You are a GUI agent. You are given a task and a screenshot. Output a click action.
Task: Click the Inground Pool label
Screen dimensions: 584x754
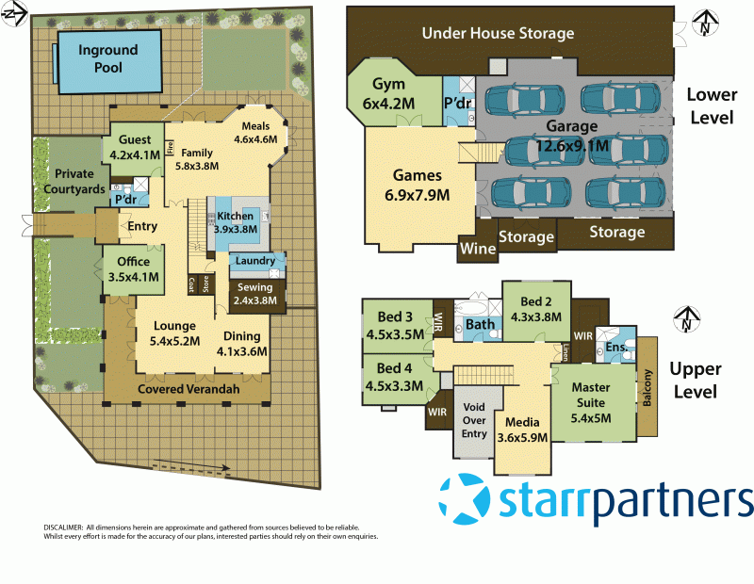(x=108, y=58)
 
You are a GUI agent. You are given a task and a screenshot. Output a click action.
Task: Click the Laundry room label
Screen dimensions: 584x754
(x=254, y=261)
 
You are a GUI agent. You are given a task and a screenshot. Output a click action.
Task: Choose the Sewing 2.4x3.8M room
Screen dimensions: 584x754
(x=254, y=294)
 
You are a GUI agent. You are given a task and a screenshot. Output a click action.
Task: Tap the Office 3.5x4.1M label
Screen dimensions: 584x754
(x=133, y=269)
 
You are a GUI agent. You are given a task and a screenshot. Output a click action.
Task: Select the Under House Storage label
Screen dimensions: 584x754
(x=498, y=34)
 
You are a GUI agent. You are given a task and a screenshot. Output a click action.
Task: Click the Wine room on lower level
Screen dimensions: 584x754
(x=473, y=250)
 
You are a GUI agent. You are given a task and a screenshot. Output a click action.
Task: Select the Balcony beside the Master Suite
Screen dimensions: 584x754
(x=647, y=386)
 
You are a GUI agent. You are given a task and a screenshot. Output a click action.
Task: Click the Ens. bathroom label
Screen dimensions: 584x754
(x=616, y=349)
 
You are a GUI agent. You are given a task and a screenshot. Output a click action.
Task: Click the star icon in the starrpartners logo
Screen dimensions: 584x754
(x=466, y=499)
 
